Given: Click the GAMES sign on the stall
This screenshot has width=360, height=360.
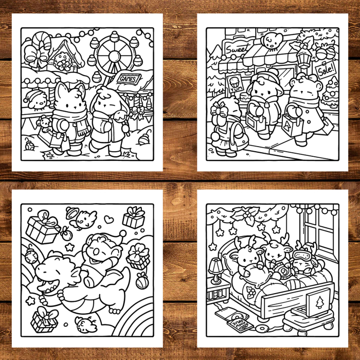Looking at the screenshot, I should [x=129, y=79].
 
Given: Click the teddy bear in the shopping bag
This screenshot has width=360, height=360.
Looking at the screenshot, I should [x=45, y=123].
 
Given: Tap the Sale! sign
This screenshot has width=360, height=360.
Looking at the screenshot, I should [x=325, y=69].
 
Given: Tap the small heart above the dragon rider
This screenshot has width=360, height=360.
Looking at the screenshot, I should [x=108, y=219].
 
